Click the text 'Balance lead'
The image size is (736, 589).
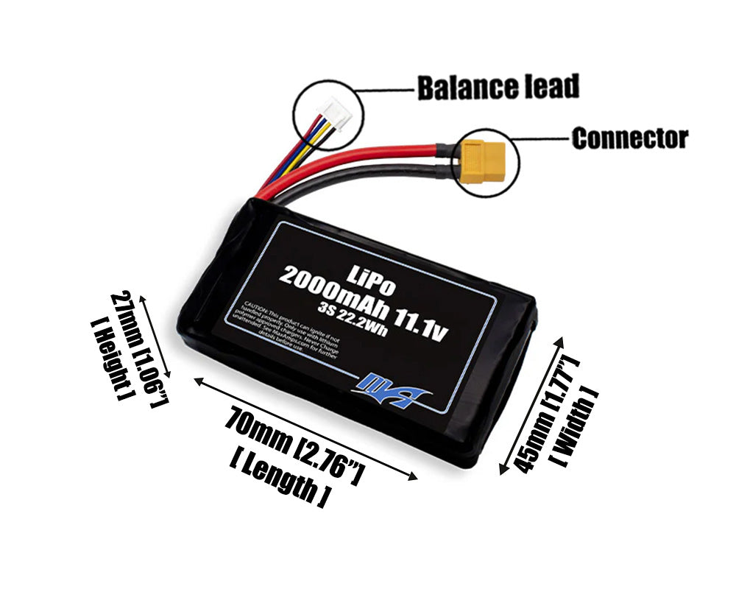(498, 87)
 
